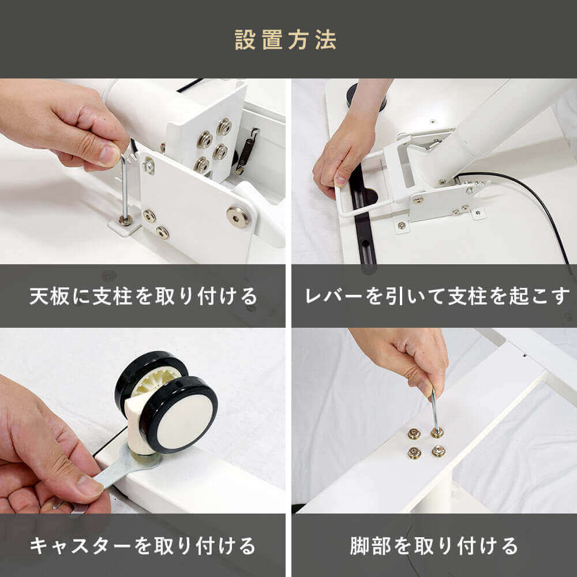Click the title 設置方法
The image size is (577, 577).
coord(286,40)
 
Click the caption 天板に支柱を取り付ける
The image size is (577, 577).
coord(143,296)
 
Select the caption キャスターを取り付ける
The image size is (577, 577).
coord(143,546)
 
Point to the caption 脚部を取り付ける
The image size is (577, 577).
coord(434,546)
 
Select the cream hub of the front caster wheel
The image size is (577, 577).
coord(185,422)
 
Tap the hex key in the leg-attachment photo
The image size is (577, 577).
coord(435,411)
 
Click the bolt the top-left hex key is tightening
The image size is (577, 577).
coord(125,220)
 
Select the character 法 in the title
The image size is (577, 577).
coord(325,40)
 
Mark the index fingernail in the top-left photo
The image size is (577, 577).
coord(109,155)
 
